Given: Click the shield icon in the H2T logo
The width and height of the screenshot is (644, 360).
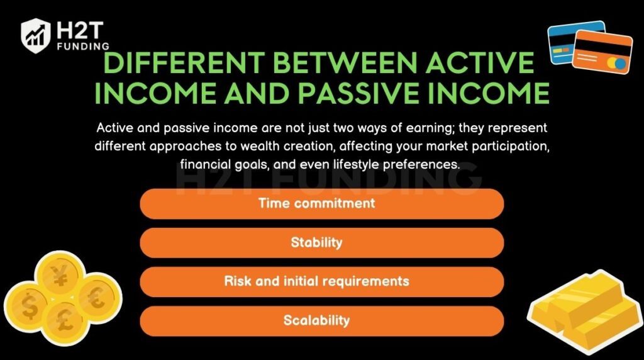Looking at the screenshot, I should click(x=36, y=35).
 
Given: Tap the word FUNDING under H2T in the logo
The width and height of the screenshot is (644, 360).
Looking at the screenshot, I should click(x=81, y=46).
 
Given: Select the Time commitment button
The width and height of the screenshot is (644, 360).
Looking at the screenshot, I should click(x=321, y=203).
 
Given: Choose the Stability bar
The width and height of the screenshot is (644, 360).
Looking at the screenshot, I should click(x=321, y=242).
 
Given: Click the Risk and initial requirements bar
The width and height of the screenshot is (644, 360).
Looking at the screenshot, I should click(x=321, y=281).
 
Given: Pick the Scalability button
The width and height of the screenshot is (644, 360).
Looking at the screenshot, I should click(x=321, y=320).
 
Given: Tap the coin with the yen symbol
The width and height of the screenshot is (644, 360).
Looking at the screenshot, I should click(x=60, y=276).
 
